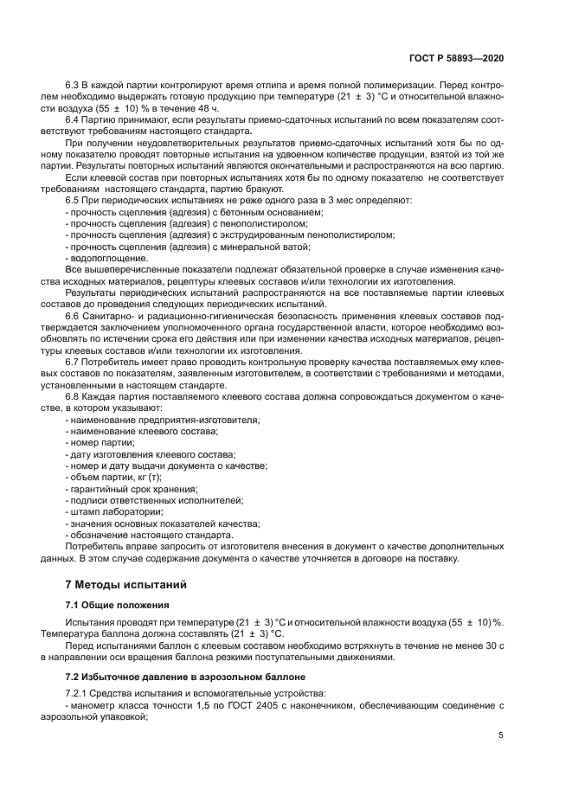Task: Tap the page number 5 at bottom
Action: tap(501, 735)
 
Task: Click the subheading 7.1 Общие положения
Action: tap(117, 604)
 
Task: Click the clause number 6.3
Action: tap(74, 87)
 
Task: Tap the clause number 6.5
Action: tap(74, 200)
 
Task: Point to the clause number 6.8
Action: tap(74, 397)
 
